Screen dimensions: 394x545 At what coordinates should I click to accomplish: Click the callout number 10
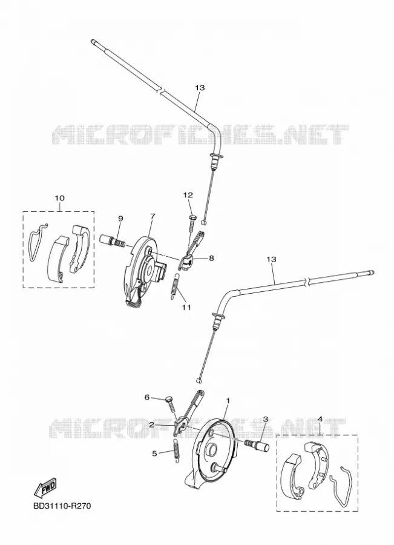click(59, 198)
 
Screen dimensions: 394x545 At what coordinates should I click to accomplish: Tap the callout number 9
click(120, 218)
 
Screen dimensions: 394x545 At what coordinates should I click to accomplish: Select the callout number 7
click(153, 216)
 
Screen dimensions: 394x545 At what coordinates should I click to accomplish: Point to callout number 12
click(188, 195)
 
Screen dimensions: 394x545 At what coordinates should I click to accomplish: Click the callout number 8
click(211, 258)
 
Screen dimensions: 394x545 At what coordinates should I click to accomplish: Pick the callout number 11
click(186, 307)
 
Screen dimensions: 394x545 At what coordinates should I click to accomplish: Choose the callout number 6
click(146, 397)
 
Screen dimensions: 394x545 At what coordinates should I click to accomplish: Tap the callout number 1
click(228, 401)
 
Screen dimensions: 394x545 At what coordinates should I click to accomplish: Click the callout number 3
click(266, 419)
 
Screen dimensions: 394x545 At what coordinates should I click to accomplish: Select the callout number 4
click(320, 419)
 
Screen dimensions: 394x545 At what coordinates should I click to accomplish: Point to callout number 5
click(154, 453)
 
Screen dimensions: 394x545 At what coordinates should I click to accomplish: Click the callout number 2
click(151, 424)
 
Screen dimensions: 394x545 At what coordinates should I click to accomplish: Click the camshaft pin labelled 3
click(257, 445)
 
